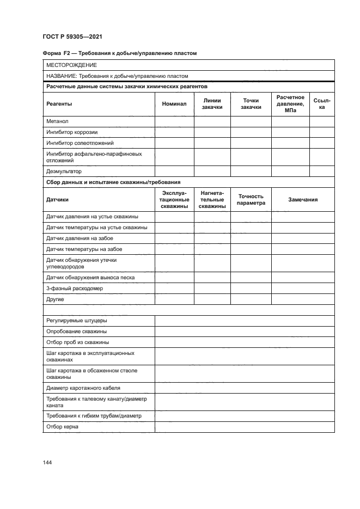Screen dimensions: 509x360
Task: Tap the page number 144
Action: (47, 462)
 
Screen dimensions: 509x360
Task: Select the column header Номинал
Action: (174, 103)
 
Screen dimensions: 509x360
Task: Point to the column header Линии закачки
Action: (212, 103)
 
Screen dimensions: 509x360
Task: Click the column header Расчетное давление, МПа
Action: (290, 103)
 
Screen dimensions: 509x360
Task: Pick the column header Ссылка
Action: (322, 103)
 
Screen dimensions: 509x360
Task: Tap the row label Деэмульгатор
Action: (64, 171)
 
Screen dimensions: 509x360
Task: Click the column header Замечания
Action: (303, 200)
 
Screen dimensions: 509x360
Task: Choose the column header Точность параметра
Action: (251, 200)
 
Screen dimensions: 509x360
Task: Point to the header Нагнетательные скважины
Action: (212, 200)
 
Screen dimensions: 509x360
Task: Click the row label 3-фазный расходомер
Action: (75, 288)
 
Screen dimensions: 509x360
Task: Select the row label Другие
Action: (56, 299)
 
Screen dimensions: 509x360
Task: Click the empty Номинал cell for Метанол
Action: (174, 121)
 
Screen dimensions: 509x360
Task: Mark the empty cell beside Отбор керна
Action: (245, 427)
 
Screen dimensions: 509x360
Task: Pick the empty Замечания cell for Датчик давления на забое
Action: (303, 238)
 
